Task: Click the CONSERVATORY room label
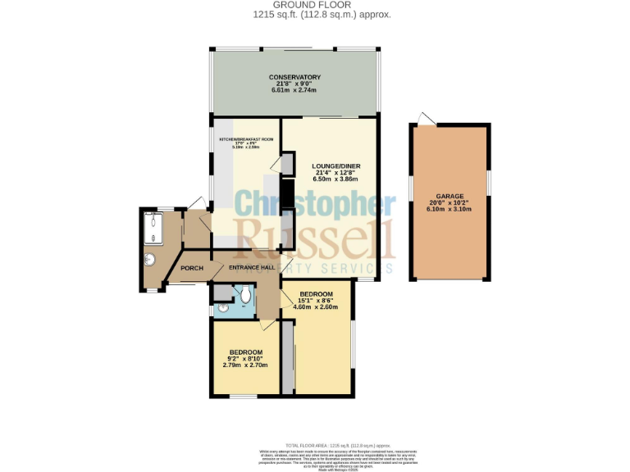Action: [294, 77]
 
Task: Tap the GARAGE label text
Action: [450, 197]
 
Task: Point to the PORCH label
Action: [192, 268]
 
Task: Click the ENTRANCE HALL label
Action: [252, 267]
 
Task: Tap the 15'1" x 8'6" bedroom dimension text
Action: [316, 301]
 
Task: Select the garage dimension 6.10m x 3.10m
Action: [450, 210]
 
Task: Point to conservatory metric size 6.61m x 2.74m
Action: [294, 90]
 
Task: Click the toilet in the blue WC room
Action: [246, 293]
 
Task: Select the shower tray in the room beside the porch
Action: [153, 227]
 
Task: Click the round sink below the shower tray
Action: [148, 261]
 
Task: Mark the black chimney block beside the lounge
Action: [288, 193]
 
